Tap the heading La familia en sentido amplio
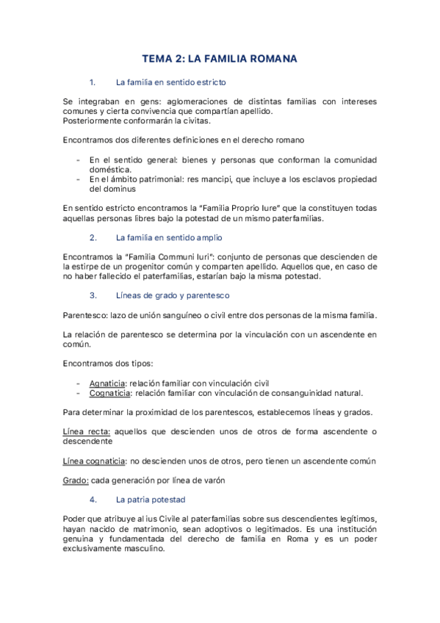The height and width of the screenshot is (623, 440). [x=169, y=238]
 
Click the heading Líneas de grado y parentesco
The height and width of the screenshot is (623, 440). [x=173, y=295]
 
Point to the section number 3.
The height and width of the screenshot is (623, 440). [x=93, y=295]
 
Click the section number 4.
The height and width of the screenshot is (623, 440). [x=93, y=500]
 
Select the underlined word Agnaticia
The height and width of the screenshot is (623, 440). [x=107, y=383]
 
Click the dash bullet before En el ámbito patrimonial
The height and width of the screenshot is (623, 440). [x=79, y=179]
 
